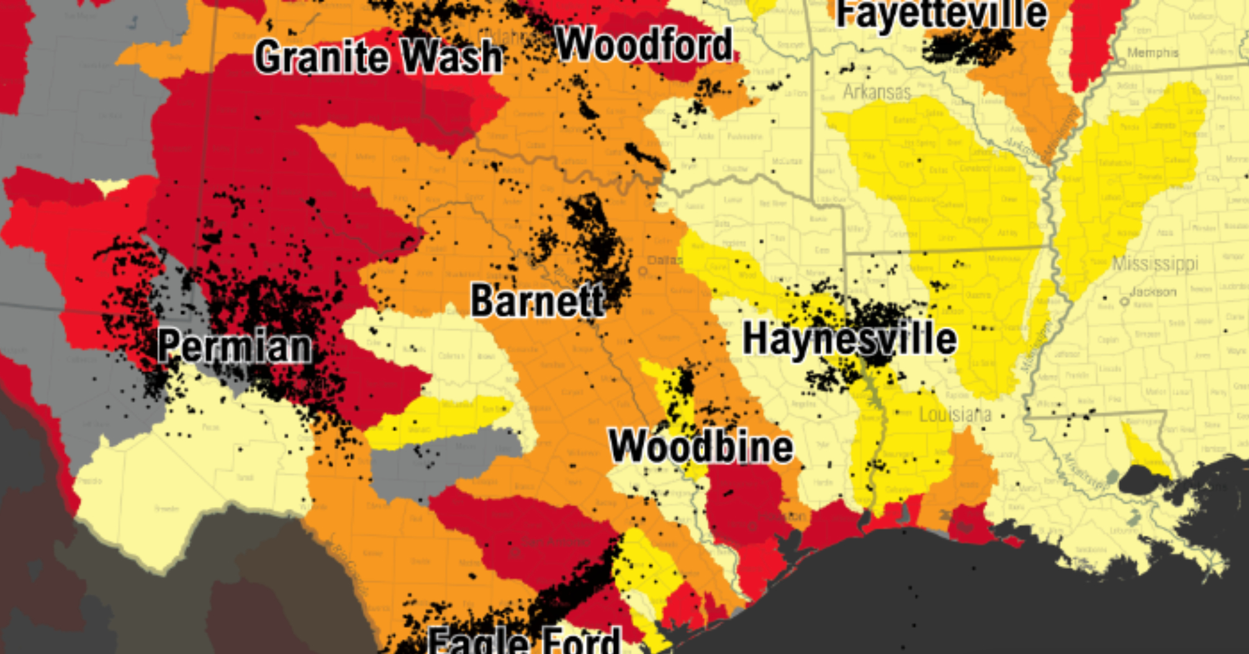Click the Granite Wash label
point(378,57)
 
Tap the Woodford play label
point(644,45)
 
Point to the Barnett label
point(538,300)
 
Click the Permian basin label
point(234,346)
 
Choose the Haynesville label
point(849,339)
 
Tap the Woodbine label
point(701,446)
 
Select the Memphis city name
point(1152,53)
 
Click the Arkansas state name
point(877,92)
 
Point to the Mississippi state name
point(1155,264)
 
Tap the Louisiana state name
point(955,414)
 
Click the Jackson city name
point(1153,292)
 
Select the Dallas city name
point(665,260)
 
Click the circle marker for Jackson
point(1124,302)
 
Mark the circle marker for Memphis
point(1122,63)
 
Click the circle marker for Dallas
point(643,271)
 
